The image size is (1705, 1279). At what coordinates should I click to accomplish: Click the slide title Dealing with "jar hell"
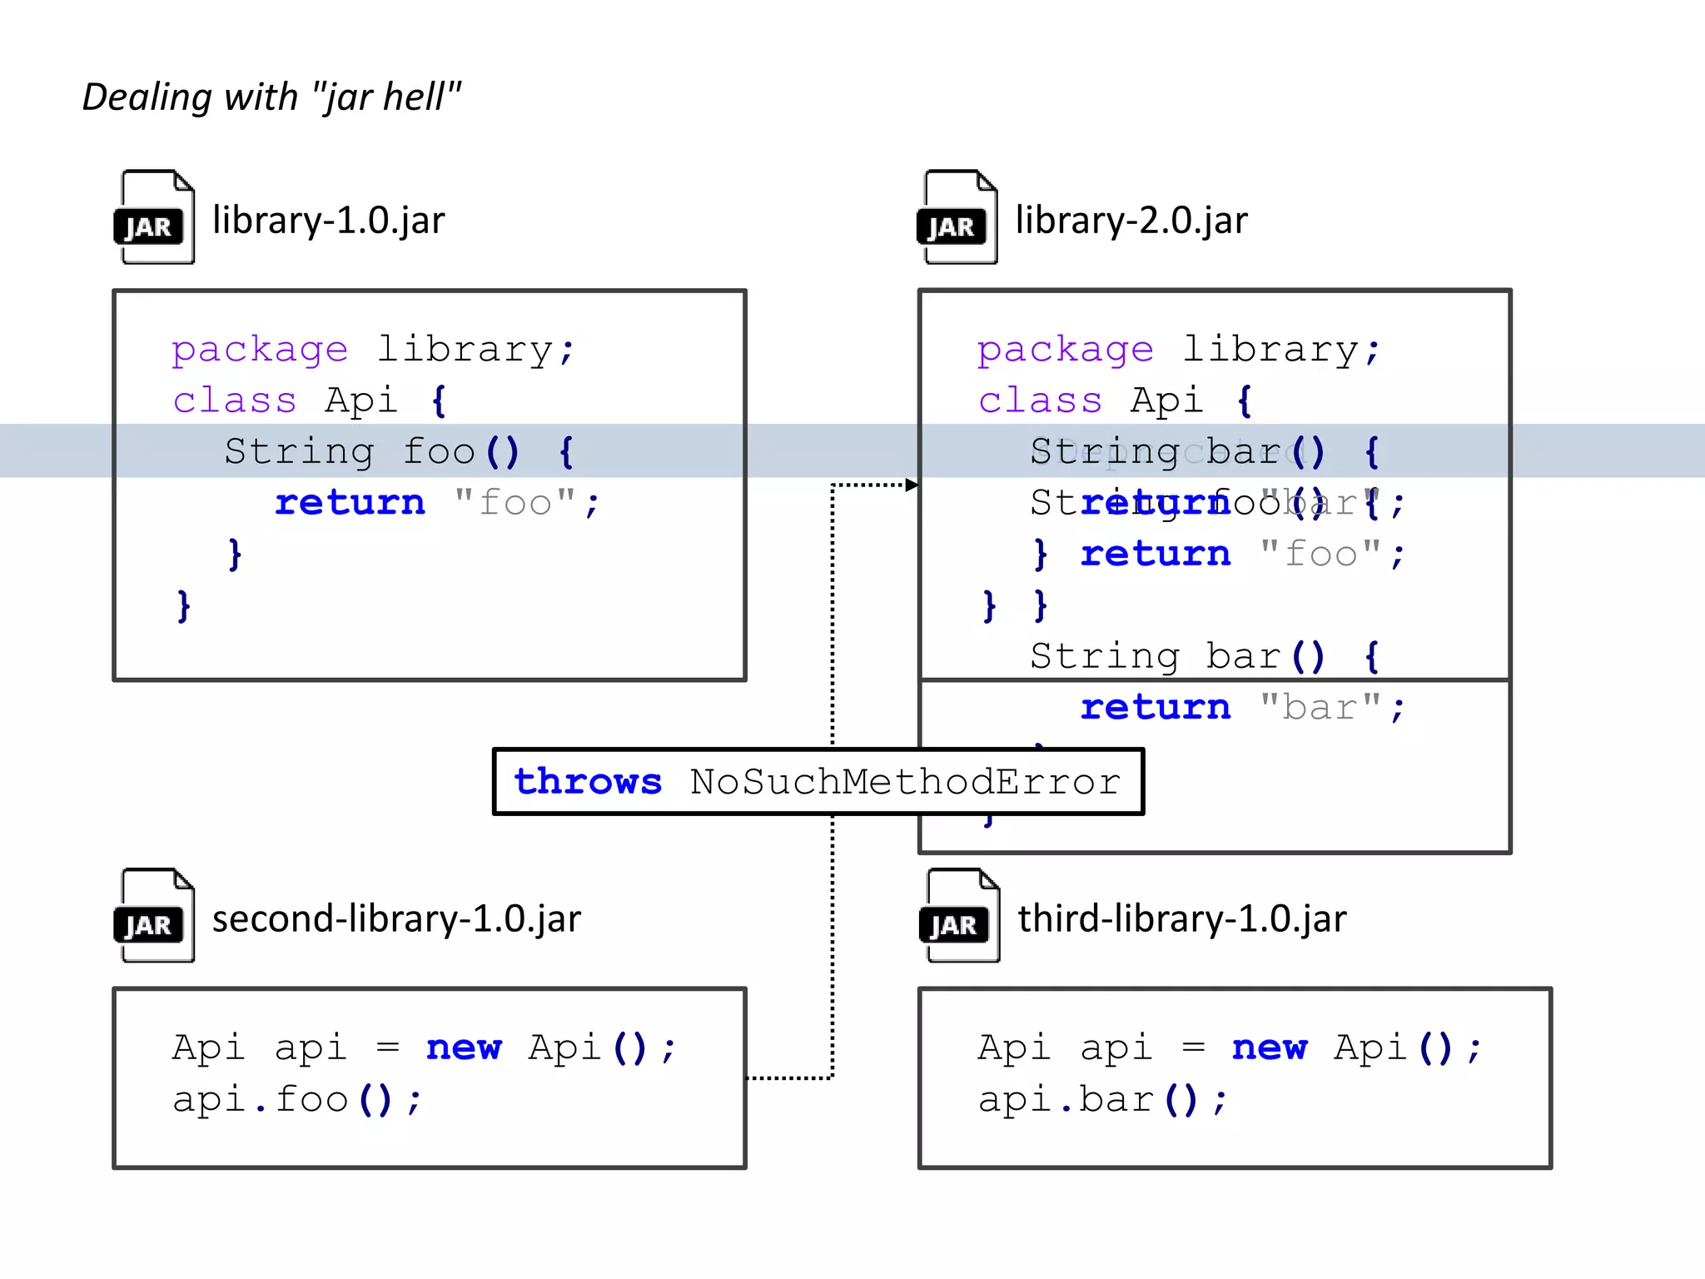click(271, 97)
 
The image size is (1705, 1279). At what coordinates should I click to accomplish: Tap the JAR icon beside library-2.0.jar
click(957, 217)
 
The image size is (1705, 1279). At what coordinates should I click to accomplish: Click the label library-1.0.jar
click(328, 221)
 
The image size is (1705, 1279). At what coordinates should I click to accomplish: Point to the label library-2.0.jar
click(1131, 221)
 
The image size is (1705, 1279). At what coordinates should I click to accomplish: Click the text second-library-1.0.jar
click(396, 919)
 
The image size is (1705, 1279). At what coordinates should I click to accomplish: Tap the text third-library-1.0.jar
click(1182, 919)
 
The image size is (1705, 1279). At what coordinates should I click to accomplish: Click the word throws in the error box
click(588, 782)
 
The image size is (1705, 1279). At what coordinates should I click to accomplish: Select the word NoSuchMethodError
click(905, 782)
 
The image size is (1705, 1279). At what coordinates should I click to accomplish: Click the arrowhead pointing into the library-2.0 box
click(912, 485)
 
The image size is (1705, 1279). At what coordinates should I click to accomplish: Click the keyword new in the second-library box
click(464, 1048)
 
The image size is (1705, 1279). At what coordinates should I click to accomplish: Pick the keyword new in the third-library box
click(1270, 1048)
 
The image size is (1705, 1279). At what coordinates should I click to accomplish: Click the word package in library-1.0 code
click(260, 350)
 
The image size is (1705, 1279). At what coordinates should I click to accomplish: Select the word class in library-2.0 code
click(1040, 401)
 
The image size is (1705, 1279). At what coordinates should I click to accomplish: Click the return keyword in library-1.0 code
click(350, 503)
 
